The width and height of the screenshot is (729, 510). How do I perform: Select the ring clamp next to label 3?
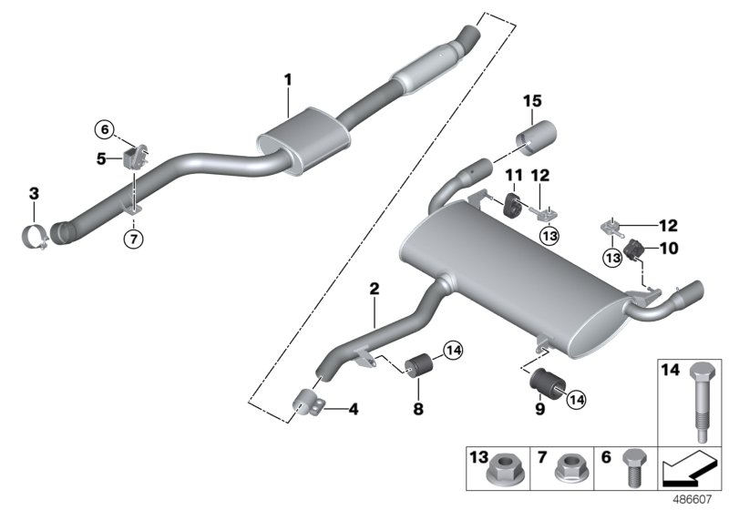pyautogui.click(x=36, y=235)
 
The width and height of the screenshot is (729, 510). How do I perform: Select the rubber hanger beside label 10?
pyautogui.click(x=636, y=248)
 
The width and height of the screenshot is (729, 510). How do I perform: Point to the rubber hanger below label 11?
pyautogui.click(x=513, y=205)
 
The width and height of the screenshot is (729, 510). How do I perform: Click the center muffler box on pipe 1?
pyautogui.click(x=304, y=138)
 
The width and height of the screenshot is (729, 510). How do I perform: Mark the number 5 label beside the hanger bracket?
pyautogui.click(x=103, y=158)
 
